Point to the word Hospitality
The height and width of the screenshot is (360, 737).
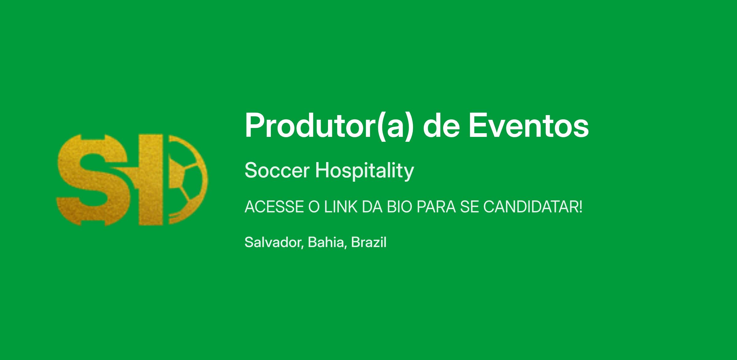point(365,171)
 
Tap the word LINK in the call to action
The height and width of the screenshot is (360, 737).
point(341,207)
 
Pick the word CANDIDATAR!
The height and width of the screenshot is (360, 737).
point(533,207)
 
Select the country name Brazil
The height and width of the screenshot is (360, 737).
point(369,242)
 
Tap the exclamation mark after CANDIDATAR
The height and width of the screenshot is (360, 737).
point(580,207)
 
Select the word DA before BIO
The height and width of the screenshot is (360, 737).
point(372,207)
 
